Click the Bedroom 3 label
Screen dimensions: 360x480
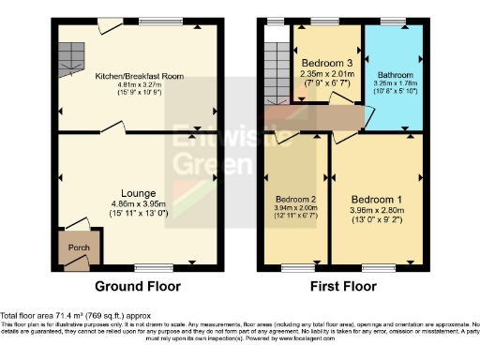[326, 62]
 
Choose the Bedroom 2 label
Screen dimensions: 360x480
[295, 198]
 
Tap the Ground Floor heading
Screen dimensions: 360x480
[139, 286]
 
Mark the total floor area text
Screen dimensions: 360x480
[75, 316]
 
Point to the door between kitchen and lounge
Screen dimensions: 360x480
[112, 127]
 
